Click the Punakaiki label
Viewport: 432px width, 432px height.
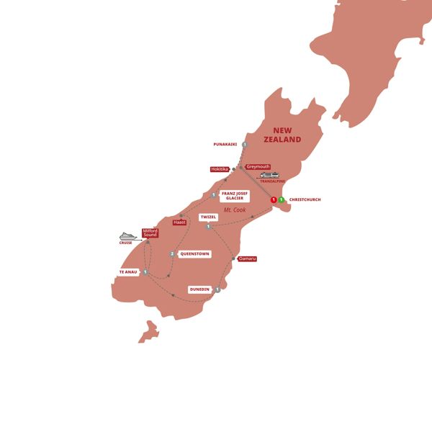[227, 145]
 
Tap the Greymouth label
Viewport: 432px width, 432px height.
[258, 166]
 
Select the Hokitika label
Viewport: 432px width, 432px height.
[219, 169]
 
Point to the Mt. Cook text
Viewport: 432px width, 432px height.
[234, 210]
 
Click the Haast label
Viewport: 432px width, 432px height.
[180, 222]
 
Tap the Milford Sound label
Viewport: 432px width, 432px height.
[150, 233]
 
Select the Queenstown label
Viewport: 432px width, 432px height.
[194, 253]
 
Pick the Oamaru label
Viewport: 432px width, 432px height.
[247, 258]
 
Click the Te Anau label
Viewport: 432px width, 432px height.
[128, 272]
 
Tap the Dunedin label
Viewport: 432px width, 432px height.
[199, 289]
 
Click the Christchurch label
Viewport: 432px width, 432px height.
[305, 199]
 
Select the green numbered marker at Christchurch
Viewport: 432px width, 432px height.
[282, 199]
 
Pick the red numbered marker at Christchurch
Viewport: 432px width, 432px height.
[274, 199]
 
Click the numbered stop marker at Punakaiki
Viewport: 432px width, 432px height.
[245, 145]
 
